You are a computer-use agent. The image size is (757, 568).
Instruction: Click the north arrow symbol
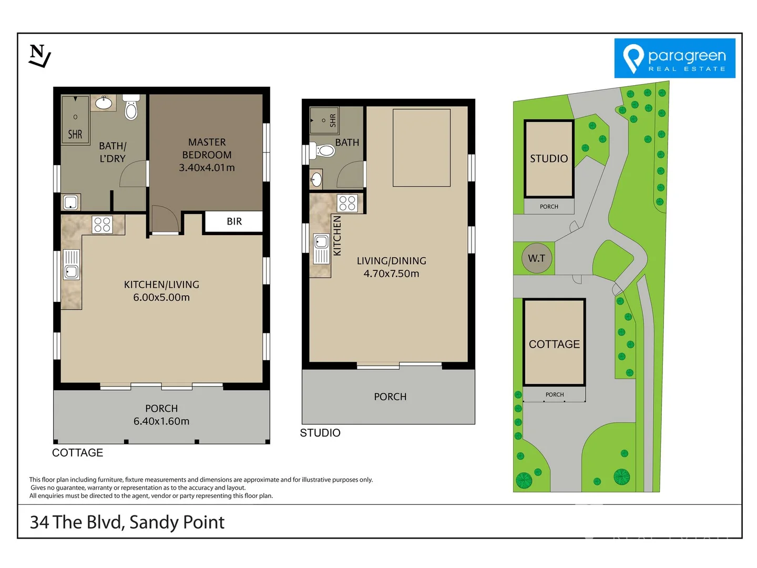tap(39, 56)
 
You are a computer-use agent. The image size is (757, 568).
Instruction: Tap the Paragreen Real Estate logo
tap(674, 58)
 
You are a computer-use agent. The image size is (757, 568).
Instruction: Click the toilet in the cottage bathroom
tap(131, 108)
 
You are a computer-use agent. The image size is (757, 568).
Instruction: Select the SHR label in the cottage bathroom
tap(75, 135)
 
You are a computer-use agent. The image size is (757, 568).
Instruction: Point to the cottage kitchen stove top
tap(103, 225)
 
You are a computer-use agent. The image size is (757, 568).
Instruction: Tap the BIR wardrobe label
tap(234, 221)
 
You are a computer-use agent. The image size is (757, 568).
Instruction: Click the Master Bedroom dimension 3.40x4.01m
tap(207, 168)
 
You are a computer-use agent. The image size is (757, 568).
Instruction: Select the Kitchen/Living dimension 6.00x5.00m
tap(161, 297)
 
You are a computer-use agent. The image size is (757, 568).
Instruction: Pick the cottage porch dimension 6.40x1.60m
tap(161, 421)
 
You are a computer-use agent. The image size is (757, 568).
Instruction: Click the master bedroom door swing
tap(165, 219)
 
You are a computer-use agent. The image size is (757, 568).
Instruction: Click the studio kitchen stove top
tap(347, 203)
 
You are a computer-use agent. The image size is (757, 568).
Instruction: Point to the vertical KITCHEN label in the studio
tap(337, 236)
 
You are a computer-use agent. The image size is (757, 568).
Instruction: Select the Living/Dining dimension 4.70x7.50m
tap(391, 273)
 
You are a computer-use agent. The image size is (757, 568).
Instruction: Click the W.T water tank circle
tap(537, 258)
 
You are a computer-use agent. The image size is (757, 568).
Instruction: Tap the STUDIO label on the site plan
tap(549, 159)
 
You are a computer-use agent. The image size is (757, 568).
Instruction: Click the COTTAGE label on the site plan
tap(554, 344)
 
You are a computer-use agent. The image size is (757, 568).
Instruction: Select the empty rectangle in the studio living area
tap(422, 148)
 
